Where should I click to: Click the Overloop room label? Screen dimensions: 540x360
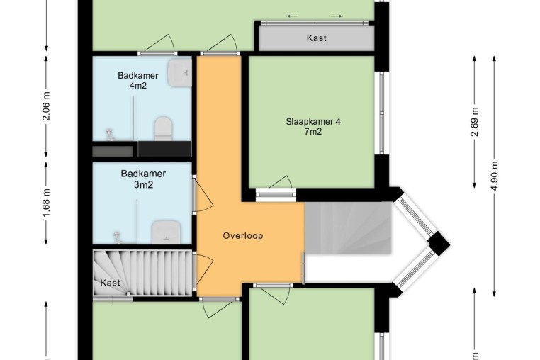pos(243,236)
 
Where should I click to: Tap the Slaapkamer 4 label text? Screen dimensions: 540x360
pos(313,122)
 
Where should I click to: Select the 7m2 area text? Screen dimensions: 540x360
pos(313,131)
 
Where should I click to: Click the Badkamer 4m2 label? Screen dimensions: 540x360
pos(138,80)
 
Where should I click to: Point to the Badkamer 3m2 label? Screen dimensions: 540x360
pos(143,179)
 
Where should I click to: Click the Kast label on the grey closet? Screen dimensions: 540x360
pos(317,38)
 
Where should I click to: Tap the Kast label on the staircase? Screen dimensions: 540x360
pos(111,283)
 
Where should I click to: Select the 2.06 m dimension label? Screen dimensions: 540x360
pos(47,106)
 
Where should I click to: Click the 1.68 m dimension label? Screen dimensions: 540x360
pos(47,203)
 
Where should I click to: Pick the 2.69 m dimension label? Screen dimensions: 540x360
pos(475,122)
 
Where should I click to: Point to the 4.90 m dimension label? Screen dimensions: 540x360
pos(495,176)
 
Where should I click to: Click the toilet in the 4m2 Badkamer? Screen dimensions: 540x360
pos(163,129)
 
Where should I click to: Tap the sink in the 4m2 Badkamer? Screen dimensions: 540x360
pos(179,73)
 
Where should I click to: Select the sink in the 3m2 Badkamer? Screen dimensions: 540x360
pos(167,232)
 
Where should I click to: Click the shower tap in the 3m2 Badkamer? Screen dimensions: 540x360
pos(118,237)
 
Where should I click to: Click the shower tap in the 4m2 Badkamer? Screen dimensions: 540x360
pos(110,135)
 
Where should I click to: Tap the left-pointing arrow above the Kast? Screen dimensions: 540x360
pos(293,16)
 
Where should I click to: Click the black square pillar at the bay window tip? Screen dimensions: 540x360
pos(439,243)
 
